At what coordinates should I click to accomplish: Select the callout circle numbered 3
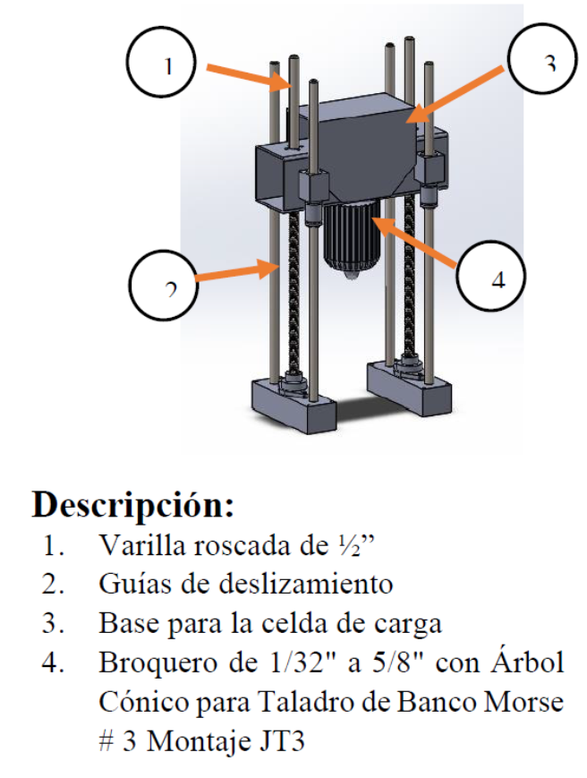click(547, 62)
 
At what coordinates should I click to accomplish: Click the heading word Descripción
click(133, 505)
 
